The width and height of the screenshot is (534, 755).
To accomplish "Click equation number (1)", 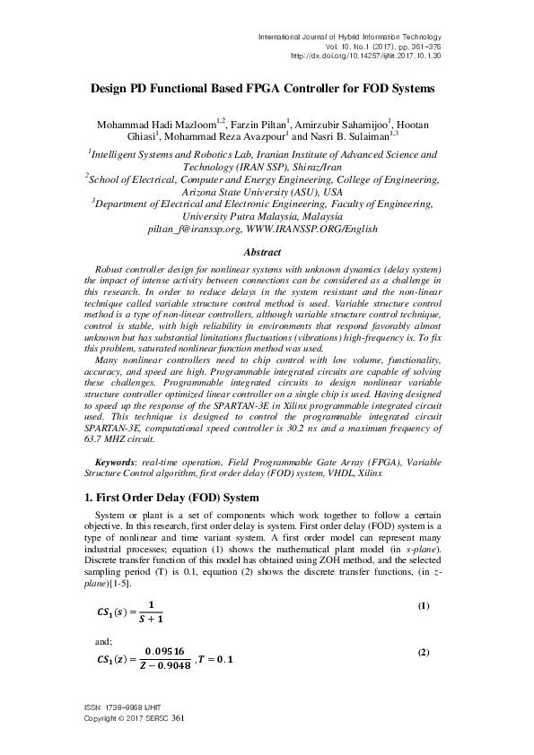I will pyautogui.click(x=424, y=607).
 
